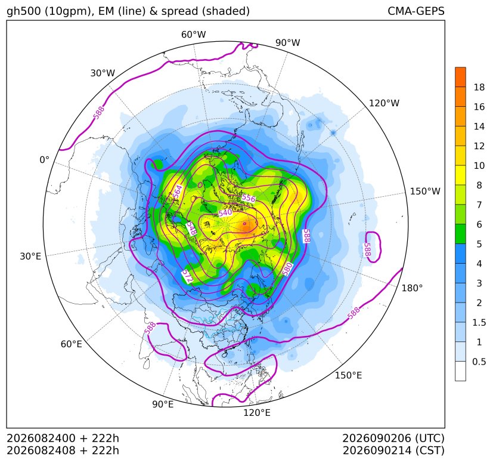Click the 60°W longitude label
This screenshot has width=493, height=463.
click(193, 35)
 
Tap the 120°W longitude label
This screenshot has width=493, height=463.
click(384, 103)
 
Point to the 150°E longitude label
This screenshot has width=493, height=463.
click(348, 375)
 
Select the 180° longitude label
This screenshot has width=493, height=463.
click(412, 288)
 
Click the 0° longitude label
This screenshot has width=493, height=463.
click(44, 160)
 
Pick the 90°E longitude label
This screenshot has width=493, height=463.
click(163, 404)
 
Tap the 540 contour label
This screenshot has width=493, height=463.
click(225, 213)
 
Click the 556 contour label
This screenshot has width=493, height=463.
click(249, 198)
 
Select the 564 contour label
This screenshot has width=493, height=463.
click(178, 192)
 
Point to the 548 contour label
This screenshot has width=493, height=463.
click(191, 228)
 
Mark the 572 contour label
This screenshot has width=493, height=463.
click(187, 276)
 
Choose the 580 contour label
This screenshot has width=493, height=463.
click(288, 269)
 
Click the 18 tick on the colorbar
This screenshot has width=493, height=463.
click(479, 87)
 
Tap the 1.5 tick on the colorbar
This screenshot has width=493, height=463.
click(479, 322)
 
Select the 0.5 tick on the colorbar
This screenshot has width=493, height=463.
click(479, 362)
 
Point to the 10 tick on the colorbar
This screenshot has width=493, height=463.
click(479, 165)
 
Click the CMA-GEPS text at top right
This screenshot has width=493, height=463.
click(416, 11)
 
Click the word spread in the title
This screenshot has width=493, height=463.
click(179, 11)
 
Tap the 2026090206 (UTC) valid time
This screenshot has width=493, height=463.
click(393, 438)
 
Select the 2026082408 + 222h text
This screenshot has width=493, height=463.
click(63, 450)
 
